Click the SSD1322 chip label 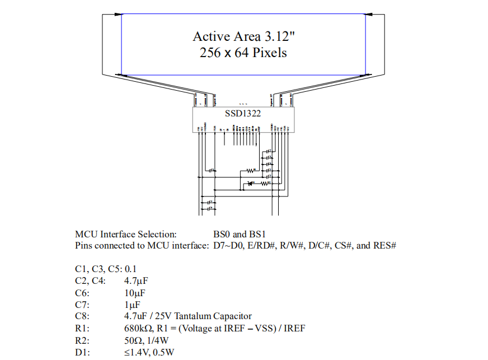(243, 113)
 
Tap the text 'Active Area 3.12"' (243, 36)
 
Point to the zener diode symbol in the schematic (250, 183)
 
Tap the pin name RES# (384, 245)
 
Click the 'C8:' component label (82, 316)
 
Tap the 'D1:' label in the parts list (82, 352)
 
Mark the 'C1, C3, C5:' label (98, 268)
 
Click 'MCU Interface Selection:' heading (126, 234)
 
